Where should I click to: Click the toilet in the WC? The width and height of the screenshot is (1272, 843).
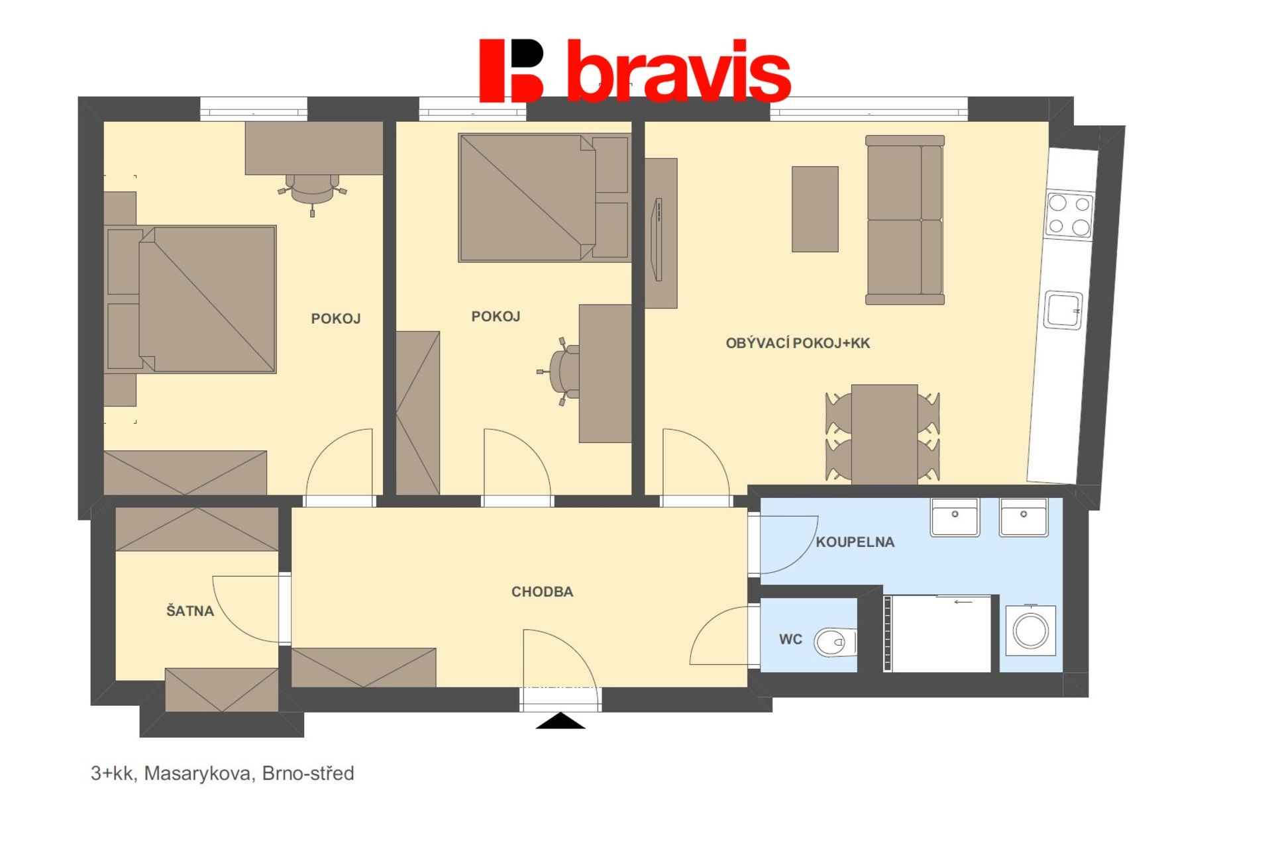835,642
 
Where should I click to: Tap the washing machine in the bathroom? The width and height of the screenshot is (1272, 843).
1030,630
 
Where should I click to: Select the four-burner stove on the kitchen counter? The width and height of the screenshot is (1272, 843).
1069,215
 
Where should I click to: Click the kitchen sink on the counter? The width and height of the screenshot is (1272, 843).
1063,310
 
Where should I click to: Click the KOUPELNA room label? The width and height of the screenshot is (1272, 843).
855,542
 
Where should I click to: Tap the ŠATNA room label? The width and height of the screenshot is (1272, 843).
190,611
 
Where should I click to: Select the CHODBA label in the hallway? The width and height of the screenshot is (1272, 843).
542,592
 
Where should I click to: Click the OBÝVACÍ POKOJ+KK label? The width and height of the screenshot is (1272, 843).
798,343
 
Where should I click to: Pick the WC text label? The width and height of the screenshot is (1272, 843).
790,640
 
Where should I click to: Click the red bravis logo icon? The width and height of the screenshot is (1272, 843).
511,71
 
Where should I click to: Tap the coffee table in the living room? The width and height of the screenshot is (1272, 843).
815,209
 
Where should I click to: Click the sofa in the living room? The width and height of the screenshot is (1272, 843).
905,220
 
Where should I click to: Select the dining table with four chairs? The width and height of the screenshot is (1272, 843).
883,434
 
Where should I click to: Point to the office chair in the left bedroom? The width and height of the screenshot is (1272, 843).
312,191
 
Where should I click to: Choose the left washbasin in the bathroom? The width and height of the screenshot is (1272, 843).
955,517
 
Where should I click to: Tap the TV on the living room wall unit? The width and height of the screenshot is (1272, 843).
658,240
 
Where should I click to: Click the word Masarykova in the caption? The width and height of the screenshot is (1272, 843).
198,773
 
